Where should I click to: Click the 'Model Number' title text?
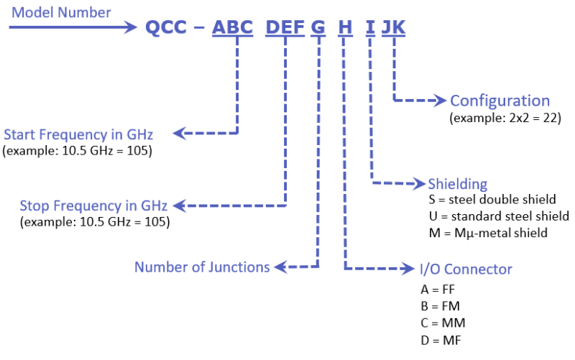62,12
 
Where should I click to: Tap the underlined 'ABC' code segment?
233,27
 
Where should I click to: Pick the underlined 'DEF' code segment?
285,27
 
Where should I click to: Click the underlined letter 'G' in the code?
318,27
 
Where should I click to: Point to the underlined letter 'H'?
346,27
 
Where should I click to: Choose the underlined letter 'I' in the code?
370,27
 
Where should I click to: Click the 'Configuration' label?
500,101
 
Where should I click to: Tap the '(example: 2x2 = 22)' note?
505,116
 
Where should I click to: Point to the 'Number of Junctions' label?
202,267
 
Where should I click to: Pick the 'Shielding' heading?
457,183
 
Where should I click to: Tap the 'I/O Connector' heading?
466,269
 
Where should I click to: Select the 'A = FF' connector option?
438,290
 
